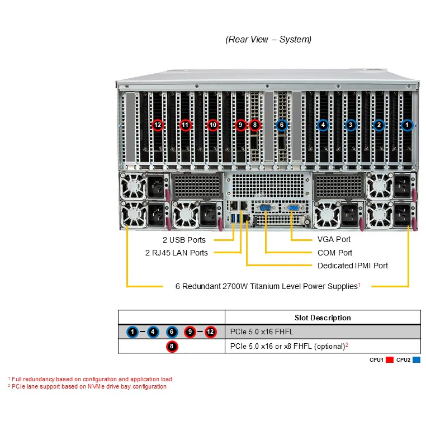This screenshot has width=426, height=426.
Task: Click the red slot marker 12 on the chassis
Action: pyautogui.click(x=158, y=125)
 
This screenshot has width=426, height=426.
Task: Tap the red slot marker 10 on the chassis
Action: pyautogui.click(x=213, y=125)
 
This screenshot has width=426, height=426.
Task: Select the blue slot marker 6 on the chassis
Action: pyautogui.click(x=282, y=125)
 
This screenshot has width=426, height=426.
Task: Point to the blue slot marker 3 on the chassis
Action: pyautogui.click(x=351, y=125)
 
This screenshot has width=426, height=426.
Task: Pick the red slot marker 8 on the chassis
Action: pyautogui.click(x=255, y=125)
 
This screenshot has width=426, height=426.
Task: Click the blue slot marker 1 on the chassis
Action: pyautogui.click(x=407, y=125)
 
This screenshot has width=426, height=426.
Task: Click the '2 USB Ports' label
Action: pyautogui.click(x=184, y=240)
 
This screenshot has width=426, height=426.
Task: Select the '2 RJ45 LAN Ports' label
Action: pyautogui.click(x=177, y=253)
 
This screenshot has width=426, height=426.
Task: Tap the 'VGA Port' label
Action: pyautogui.click(x=334, y=239)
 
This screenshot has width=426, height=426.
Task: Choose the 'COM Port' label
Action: pyautogui.click(x=335, y=253)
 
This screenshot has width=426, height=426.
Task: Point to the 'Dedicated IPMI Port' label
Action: pyautogui.click(x=353, y=266)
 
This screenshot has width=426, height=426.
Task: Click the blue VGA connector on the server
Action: pyautogui.click(x=293, y=208)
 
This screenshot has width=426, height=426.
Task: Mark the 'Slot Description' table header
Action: pyautogui.click(x=323, y=318)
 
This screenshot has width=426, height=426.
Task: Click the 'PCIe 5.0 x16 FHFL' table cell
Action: pyautogui.click(x=262, y=332)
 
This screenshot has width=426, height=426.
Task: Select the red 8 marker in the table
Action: pyautogui.click(x=172, y=347)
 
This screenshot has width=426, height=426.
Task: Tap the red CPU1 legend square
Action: pyautogui.click(x=390, y=359)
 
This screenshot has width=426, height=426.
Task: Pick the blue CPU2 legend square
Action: pyautogui.click(x=416, y=359)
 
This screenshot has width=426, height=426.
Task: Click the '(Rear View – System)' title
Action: pyautogui.click(x=268, y=39)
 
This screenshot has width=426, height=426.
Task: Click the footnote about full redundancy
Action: pyautogui.click(x=90, y=379)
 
